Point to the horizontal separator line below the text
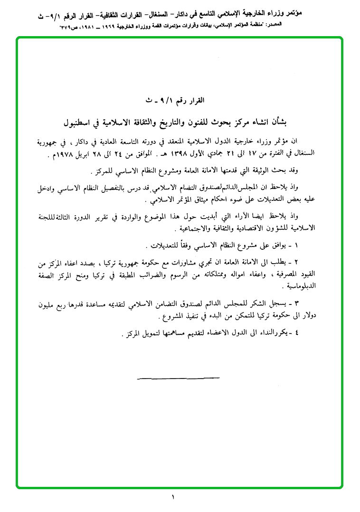(178, 378)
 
